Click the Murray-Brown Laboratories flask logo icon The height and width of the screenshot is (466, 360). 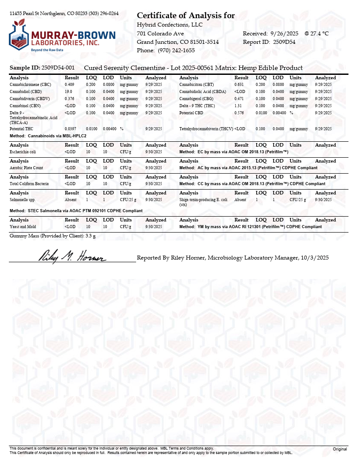(x=19, y=36)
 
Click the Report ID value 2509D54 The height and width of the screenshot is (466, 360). (x=284, y=42)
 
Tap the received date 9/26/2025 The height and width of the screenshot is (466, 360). (x=285, y=34)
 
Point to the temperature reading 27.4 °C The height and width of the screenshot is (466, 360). (x=320, y=34)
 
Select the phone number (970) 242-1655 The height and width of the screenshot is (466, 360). (x=176, y=50)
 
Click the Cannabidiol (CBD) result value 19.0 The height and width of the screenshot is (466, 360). (x=68, y=91)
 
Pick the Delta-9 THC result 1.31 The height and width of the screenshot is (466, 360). (x=238, y=106)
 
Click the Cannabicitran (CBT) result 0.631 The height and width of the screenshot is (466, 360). (x=239, y=84)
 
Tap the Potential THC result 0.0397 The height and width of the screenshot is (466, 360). (x=70, y=128)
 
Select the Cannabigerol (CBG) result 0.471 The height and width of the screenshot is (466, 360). (x=239, y=99)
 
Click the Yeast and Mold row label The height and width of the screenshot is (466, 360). (x=22, y=227)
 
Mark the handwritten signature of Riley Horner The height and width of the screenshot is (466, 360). (x=73, y=256)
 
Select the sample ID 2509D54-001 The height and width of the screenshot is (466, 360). (x=58, y=68)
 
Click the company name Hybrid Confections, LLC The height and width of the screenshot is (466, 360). (x=169, y=25)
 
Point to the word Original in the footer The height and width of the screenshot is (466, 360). (x=340, y=449)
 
